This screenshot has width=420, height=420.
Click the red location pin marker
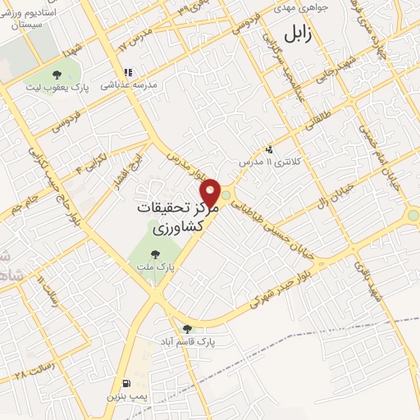[212, 193]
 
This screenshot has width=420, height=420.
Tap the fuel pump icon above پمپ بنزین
[126, 383]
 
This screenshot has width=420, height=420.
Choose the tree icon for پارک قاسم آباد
[188, 328]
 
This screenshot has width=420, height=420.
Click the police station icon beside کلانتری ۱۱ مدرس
[269, 149]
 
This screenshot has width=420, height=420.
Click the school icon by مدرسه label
[127, 71]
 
